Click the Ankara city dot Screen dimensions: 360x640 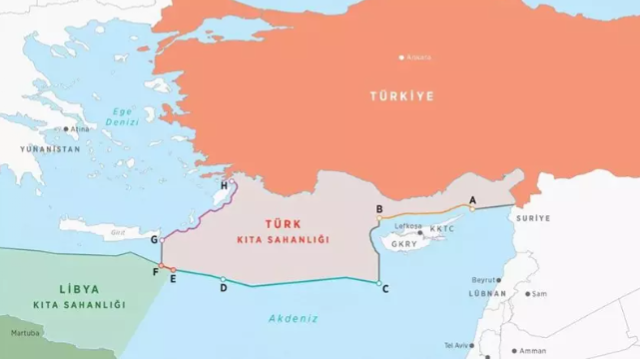[401, 57]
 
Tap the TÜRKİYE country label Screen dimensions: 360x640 [402, 96]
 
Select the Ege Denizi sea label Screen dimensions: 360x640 [122, 116]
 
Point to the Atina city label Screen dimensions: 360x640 [79, 129]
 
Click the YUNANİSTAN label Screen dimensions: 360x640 [50, 149]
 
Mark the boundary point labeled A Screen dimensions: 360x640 [472, 209]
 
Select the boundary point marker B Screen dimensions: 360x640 [379, 218]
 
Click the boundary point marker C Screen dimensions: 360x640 [379, 283]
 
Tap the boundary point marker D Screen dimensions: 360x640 [223, 279]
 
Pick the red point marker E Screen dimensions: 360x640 [173, 270]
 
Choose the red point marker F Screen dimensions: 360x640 [161, 265]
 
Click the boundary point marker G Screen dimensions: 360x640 [161, 240]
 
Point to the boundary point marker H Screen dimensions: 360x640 [231, 181]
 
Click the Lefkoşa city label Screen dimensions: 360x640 [408, 226]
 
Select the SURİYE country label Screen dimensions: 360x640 [533, 218]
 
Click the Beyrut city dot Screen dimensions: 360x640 [498, 280]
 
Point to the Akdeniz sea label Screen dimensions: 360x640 [293, 318]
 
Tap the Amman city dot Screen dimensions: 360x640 [514, 350]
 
